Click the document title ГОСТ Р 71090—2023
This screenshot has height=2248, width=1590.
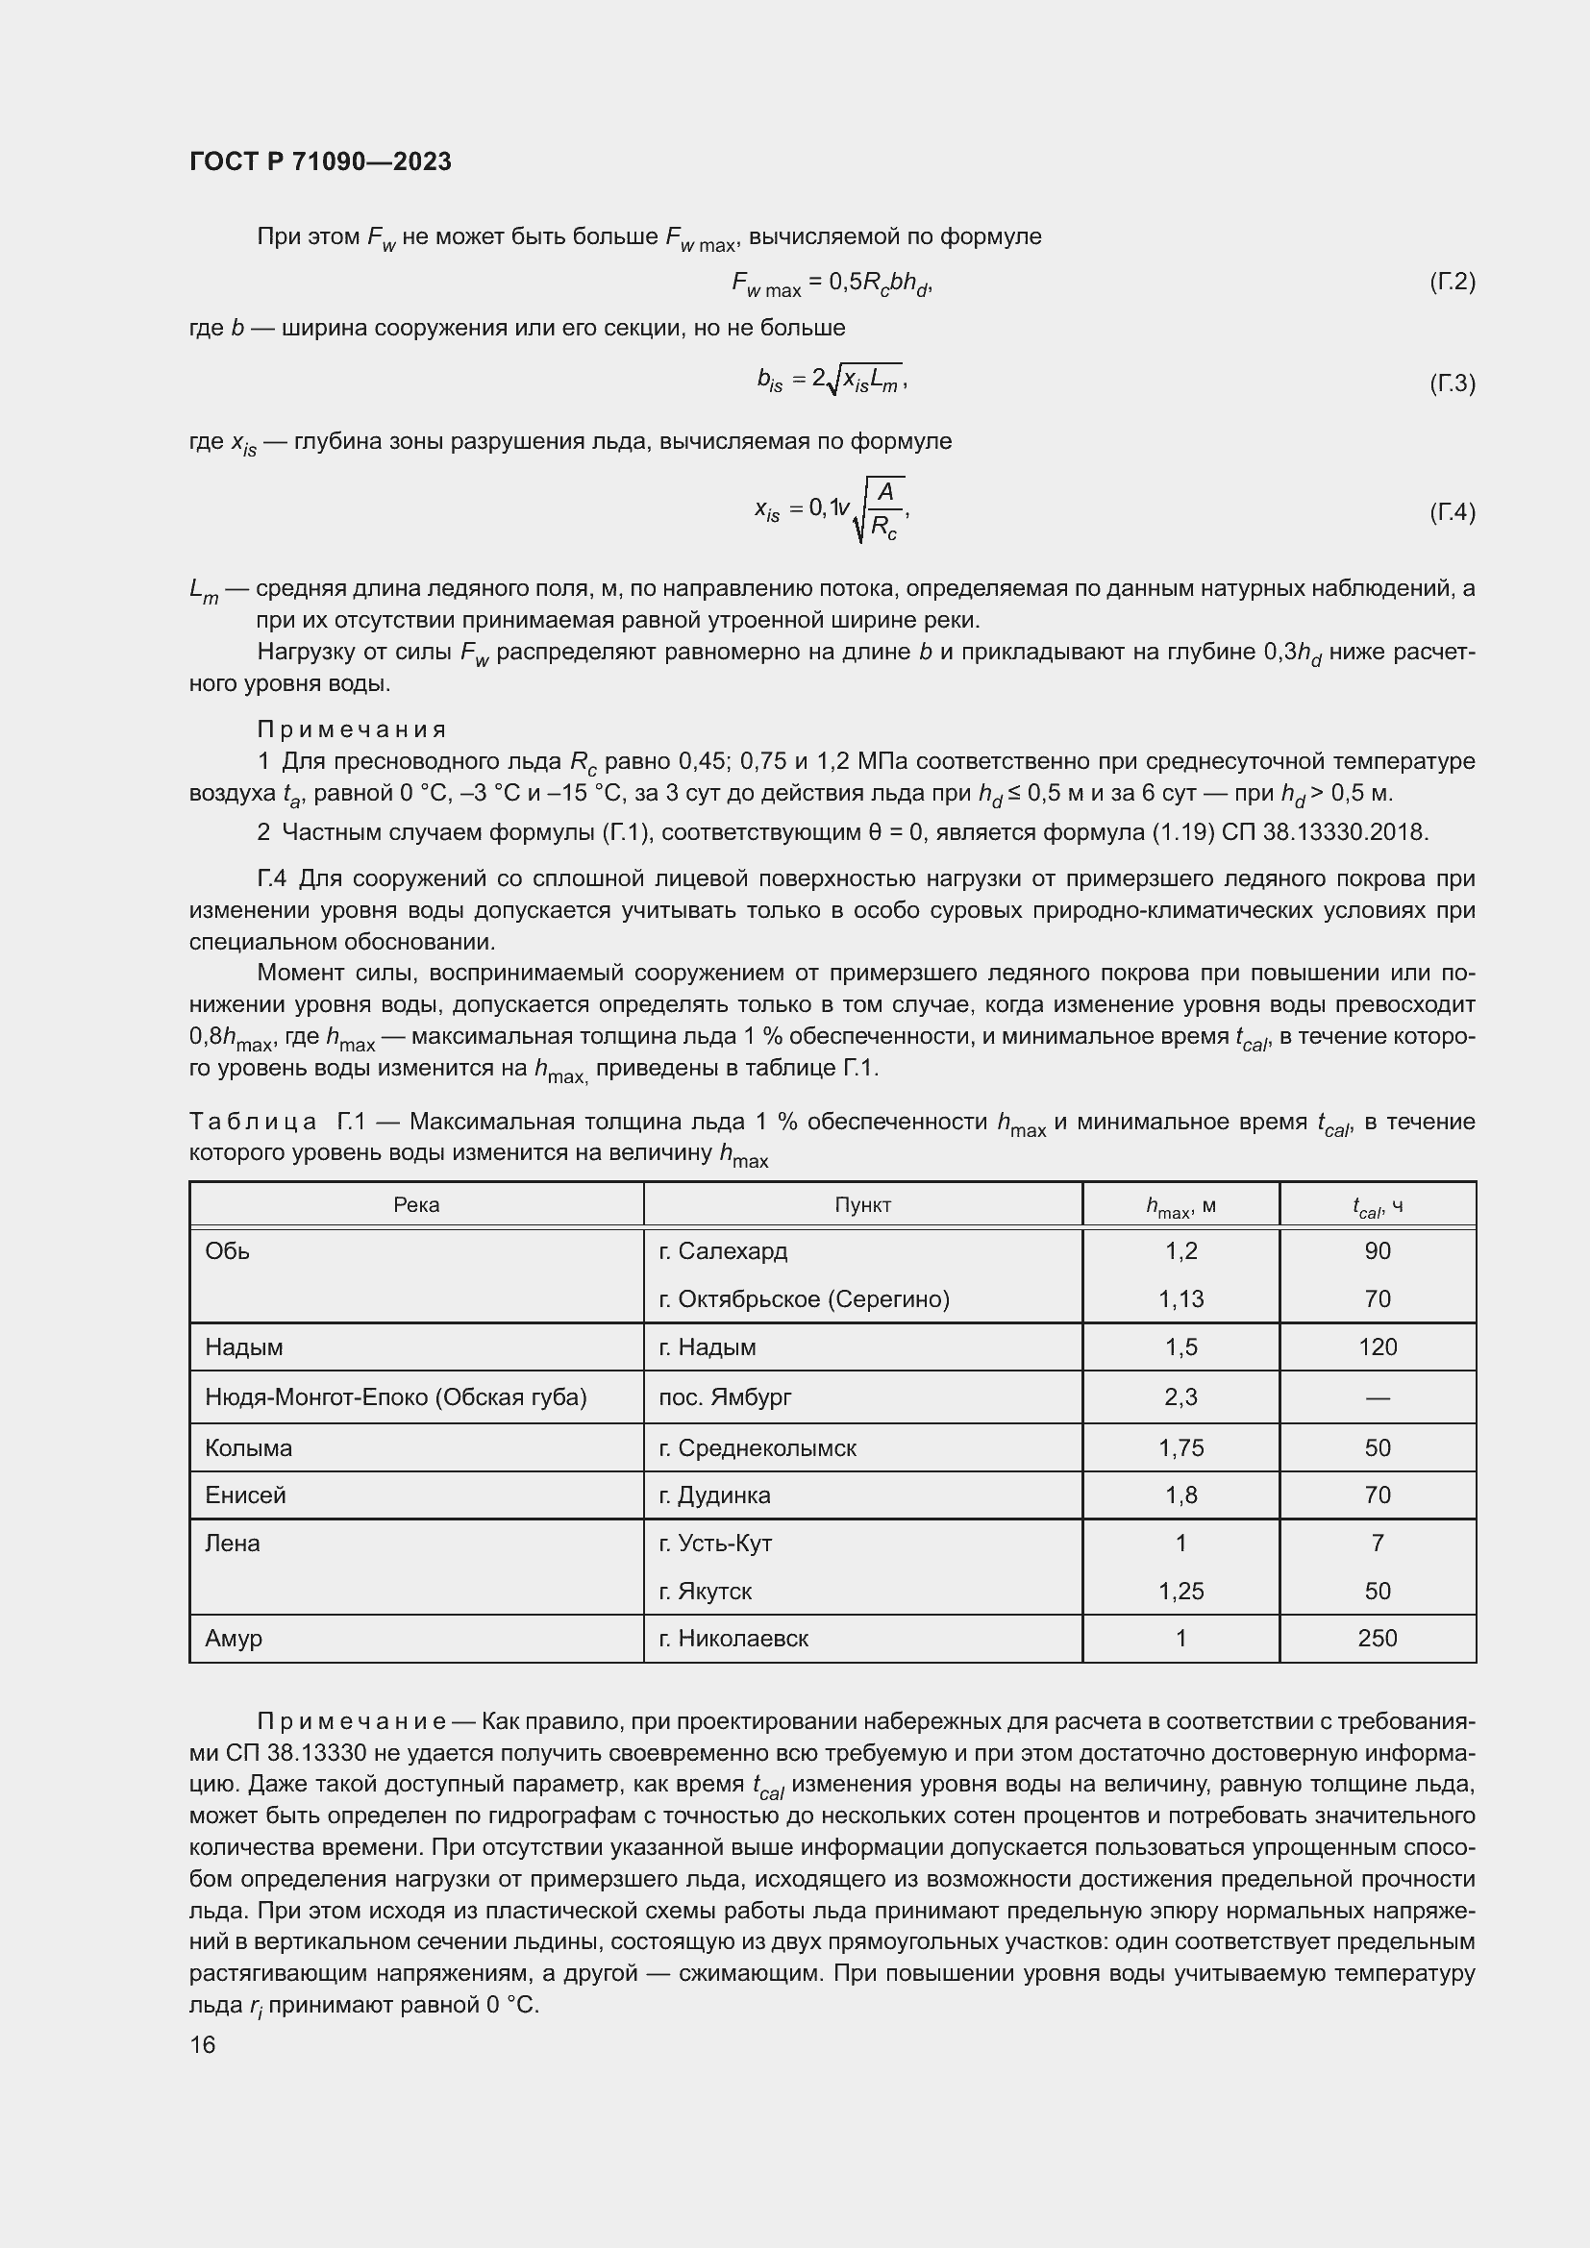(320, 161)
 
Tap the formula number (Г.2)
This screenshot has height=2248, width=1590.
(1451, 282)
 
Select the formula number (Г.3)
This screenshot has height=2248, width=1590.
(1451, 383)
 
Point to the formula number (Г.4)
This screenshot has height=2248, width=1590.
(1451, 512)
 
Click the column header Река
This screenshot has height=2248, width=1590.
(416, 1205)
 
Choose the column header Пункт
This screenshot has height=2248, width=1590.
(862, 1205)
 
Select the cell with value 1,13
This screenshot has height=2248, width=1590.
(1180, 1299)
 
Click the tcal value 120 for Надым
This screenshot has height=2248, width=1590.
(1377, 1347)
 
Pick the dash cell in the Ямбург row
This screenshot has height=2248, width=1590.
(1377, 1398)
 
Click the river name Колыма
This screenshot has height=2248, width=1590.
(249, 1448)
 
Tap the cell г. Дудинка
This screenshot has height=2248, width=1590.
(714, 1496)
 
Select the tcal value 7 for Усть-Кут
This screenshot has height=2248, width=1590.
(1377, 1544)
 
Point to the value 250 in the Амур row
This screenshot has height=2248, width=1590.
(1377, 1639)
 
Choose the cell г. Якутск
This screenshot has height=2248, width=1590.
(705, 1592)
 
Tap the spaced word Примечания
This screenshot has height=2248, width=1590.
(352, 729)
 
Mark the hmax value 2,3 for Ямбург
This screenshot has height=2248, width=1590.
(1180, 1397)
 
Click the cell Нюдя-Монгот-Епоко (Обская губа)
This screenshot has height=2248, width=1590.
(395, 1397)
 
